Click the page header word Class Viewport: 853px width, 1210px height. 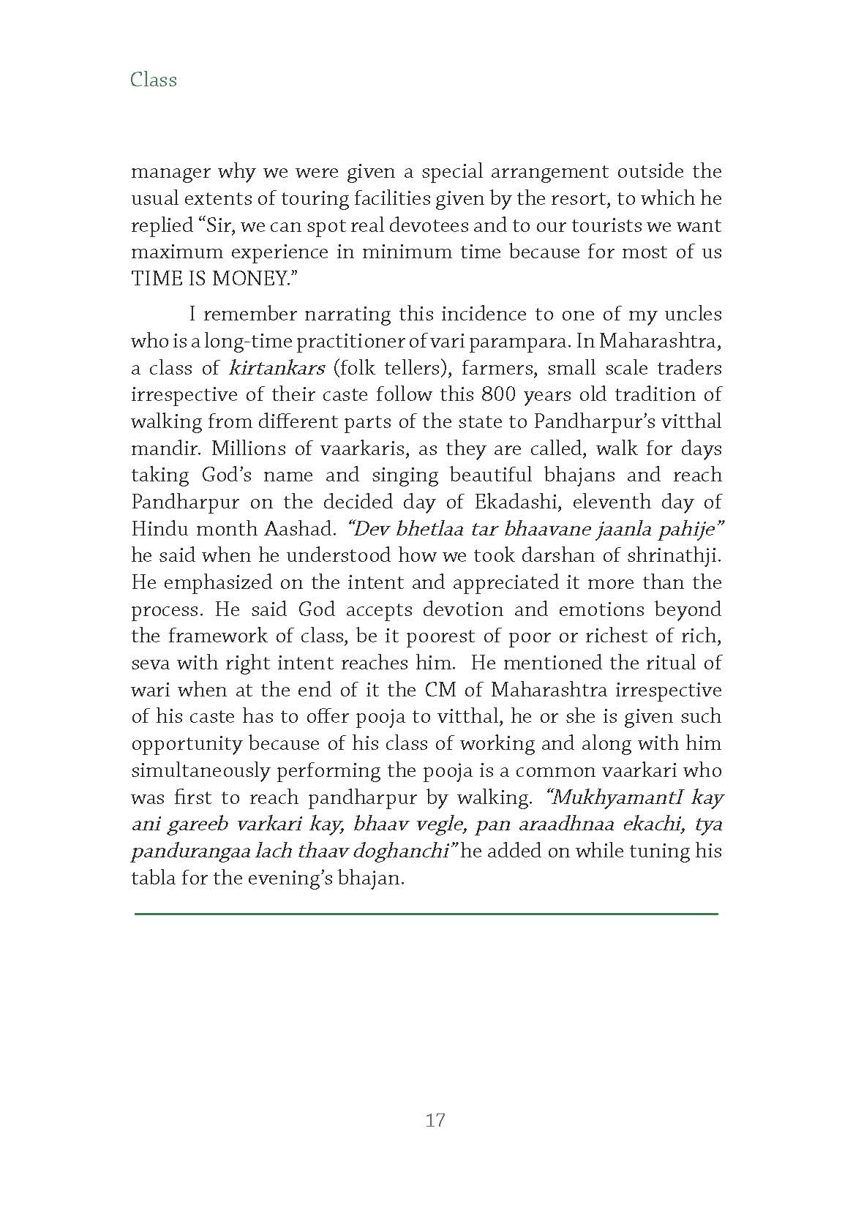point(154,79)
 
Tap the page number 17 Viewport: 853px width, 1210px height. point(435,1120)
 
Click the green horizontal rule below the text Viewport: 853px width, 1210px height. point(426,914)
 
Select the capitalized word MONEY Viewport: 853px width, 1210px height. point(247,279)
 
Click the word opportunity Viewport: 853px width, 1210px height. point(187,744)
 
